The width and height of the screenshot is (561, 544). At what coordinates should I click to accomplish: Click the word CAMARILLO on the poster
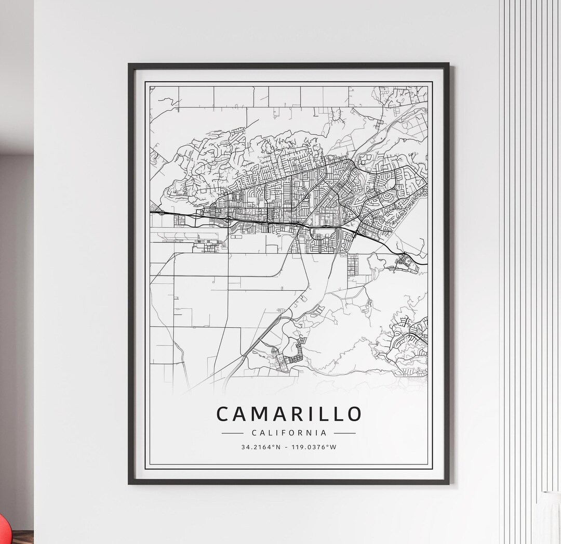[x=288, y=414]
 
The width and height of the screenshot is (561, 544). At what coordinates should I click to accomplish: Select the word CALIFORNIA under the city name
[x=288, y=433]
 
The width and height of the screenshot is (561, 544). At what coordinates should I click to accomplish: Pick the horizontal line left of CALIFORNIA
[x=232, y=433]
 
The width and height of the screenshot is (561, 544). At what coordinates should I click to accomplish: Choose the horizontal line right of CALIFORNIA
[x=344, y=433]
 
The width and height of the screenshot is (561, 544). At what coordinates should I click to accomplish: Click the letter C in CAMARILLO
[x=222, y=414]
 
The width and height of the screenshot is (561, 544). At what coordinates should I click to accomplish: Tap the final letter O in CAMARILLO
[x=354, y=414]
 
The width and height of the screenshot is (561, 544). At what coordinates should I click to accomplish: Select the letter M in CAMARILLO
[x=257, y=414]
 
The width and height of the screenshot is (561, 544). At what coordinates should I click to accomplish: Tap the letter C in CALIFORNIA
[x=253, y=433]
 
